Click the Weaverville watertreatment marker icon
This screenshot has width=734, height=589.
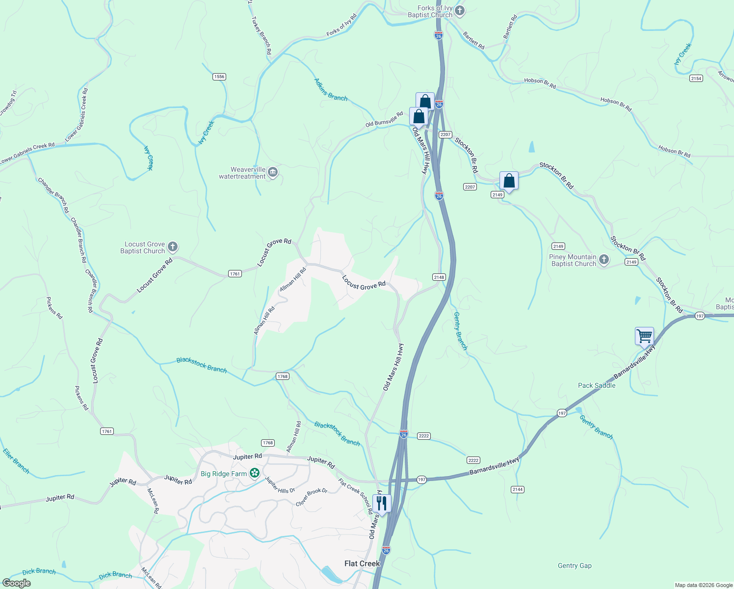coord(273,173)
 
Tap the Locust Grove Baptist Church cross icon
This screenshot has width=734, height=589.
coord(172,247)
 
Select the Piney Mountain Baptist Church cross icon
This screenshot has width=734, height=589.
coord(604,260)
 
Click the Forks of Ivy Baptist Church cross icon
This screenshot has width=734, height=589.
coord(459,10)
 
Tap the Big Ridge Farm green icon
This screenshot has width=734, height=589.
coord(254,473)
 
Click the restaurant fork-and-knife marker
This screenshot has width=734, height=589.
coord(381,503)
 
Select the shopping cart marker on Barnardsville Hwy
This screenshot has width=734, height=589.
coord(644,337)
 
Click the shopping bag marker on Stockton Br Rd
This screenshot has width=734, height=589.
coord(509,181)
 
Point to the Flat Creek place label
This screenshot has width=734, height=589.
coord(362,563)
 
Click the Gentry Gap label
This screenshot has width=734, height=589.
coord(575,565)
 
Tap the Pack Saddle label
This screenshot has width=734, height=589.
coord(597,385)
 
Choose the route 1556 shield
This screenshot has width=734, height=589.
coord(219,77)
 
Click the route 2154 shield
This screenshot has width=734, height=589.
coord(696,79)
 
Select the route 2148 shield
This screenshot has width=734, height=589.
coord(439,277)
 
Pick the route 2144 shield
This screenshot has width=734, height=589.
coord(517,489)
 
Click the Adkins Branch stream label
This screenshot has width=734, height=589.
coord(331,90)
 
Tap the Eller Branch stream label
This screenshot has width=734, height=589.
coord(16,461)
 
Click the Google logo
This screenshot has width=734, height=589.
coord(16,583)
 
